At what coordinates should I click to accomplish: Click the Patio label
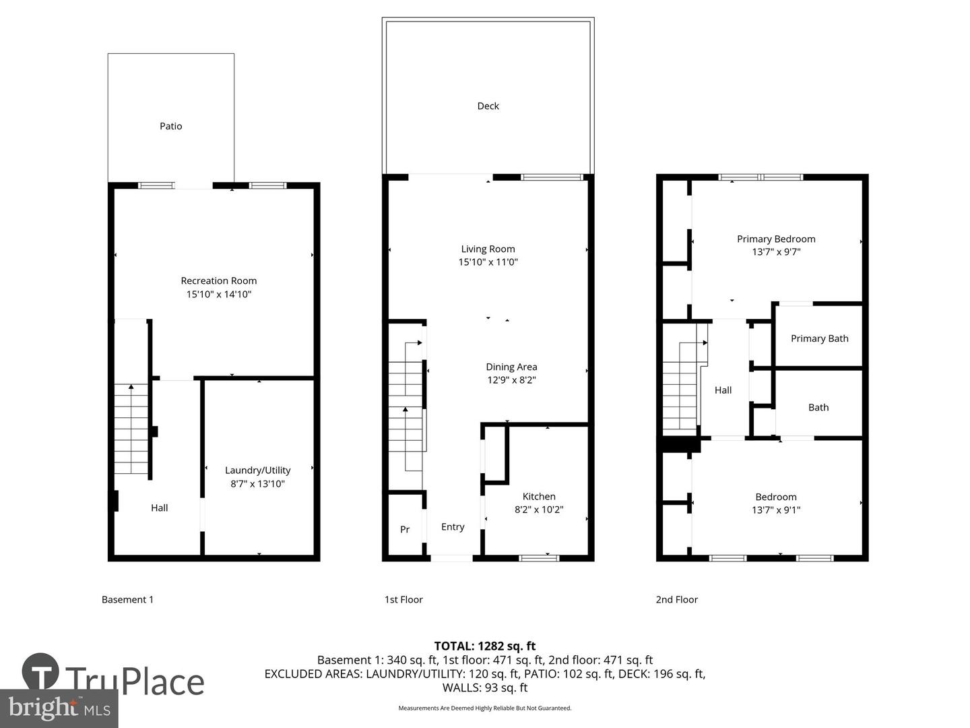tap(170, 126)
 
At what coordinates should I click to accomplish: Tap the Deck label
tap(488, 106)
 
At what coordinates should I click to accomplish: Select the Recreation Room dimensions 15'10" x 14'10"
tap(218, 295)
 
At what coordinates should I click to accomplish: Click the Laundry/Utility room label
tap(257, 471)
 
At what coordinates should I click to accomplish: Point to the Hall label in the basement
tap(159, 508)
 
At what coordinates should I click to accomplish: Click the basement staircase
tap(131, 428)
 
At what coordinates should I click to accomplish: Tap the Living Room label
tap(488, 249)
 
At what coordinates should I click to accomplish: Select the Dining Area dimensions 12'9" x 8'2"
tap(511, 380)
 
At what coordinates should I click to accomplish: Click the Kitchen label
tap(539, 497)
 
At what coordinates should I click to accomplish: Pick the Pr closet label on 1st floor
tap(404, 530)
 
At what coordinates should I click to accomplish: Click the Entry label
tap(453, 527)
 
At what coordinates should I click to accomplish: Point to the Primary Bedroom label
tap(776, 239)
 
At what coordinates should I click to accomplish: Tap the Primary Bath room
tap(819, 338)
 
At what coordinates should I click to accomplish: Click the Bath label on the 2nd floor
tap(818, 407)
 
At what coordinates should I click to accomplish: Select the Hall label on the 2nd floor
tap(723, 390)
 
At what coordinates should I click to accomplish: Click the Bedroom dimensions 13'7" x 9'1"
tap(776, 510)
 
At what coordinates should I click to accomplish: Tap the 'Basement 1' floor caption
tap(127, 600)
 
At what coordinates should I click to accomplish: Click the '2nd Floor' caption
tap(676, 600)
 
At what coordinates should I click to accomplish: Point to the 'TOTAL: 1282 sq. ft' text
tap(484, 646)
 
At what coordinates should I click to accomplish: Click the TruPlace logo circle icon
tap(40, 672)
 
